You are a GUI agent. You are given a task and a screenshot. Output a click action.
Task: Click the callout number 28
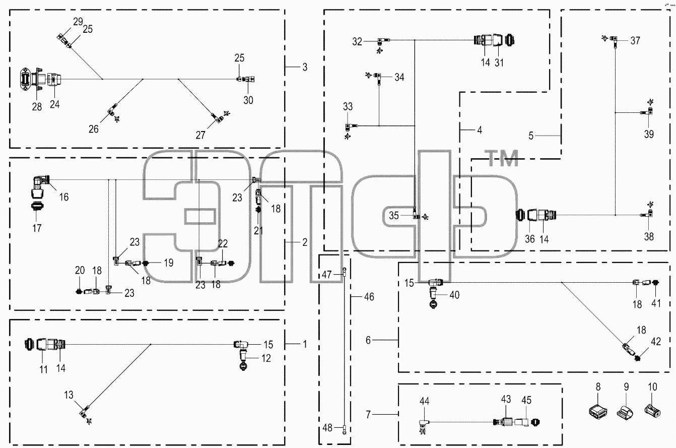tap(37, 106)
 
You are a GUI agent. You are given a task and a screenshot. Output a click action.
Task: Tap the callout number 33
tap(348, 106)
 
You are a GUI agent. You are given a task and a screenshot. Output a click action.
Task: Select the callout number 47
tap(327, 275)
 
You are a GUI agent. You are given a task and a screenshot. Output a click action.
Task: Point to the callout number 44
tap(424, 401)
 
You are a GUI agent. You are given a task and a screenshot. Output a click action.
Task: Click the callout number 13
tap(69, 395)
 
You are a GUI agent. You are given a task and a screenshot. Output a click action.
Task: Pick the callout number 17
tap(37, 228)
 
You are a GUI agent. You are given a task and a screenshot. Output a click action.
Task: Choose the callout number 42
tap(656, 342)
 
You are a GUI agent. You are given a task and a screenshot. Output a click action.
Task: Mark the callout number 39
tap(649, 134)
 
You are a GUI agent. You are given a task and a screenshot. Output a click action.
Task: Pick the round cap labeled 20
tap(79, 291)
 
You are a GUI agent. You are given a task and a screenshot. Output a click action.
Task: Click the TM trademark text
tap(503, 158)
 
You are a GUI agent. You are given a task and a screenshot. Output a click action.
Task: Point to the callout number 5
tap(531, 136)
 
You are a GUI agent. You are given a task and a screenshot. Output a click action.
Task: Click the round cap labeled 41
tap(655, 283)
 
